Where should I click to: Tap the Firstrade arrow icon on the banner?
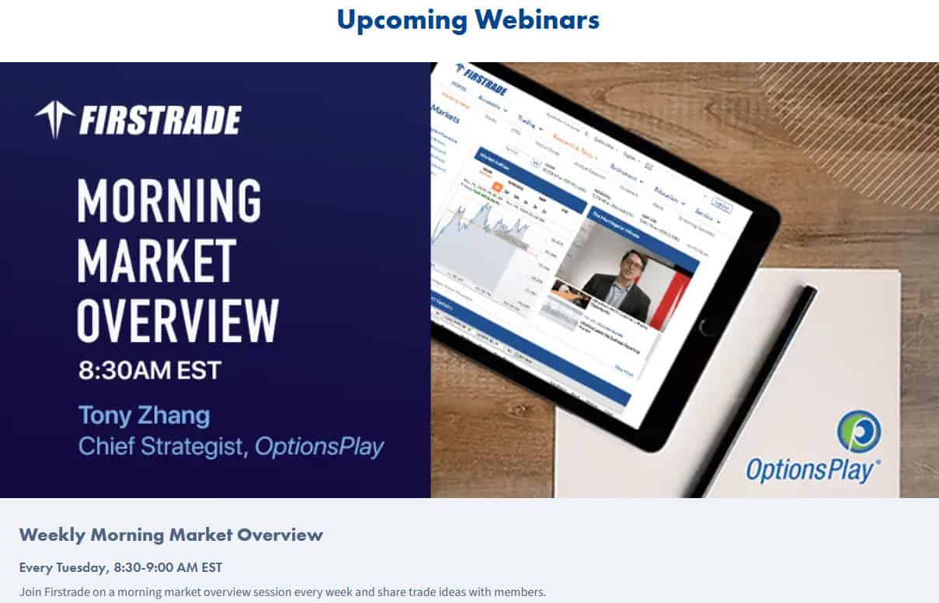tap(54, 120)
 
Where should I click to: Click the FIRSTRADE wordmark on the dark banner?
tap(160, 120)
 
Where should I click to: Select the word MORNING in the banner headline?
tap(169, 200)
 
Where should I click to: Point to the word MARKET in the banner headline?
tap(157, 260)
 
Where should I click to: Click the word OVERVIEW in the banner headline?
tap(178, 319)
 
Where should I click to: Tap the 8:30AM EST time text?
tap(150, 370)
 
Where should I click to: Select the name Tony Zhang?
tap(144, 415)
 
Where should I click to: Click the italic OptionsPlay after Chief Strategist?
tap(319, 448)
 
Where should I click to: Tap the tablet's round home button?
tap(708, 326)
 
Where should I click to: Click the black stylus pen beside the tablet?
tap(753, 389)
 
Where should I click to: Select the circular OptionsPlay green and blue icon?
tap(858, 431)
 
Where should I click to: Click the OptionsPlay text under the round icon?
tap(812, 470)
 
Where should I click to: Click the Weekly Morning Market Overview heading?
tap(171, 535)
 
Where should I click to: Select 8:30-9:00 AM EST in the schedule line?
tap(168, 567)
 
